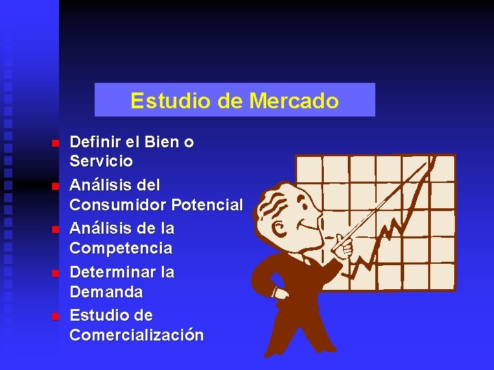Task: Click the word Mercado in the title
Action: (x=294, y=101)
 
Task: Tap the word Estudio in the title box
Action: (x=163, y=101)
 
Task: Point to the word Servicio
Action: (x=102, y=162)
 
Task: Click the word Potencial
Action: (x=207, y=205)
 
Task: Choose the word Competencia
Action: (x=121, y=248)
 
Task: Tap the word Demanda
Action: (x=106, y=292)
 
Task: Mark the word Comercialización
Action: (x=137, y=335)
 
